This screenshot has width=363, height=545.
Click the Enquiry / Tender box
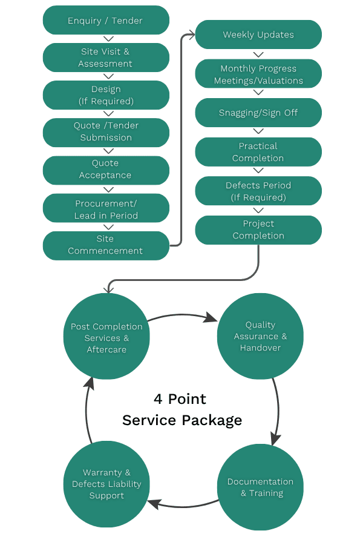coord(106,21)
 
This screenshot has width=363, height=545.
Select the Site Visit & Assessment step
coord(106,58)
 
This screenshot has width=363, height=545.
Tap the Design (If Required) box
coord(106,95)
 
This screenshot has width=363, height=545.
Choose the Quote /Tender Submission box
coord(106,132)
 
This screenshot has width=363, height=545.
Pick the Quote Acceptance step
coord(106,170)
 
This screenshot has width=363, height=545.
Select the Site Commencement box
coord(106,245)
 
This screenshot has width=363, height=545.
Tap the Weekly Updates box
coord(258,35)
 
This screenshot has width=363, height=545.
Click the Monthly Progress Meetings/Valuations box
coord(258,74)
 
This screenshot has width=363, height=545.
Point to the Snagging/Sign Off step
coord(258,113)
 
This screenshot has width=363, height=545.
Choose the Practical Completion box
coord(258,152)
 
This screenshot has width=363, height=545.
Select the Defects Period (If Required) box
coord(258,191)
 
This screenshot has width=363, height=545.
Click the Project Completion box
coord(258,230)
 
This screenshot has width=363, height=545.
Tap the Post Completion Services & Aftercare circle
coord(106,337)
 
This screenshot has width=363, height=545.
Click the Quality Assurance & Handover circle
coord(260,337)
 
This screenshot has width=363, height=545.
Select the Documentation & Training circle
coord(260,487)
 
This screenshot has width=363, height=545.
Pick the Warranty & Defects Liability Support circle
coord(106,484)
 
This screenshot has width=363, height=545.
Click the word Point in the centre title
coord(188,400)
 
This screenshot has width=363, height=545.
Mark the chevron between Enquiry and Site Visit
coord(109,39)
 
